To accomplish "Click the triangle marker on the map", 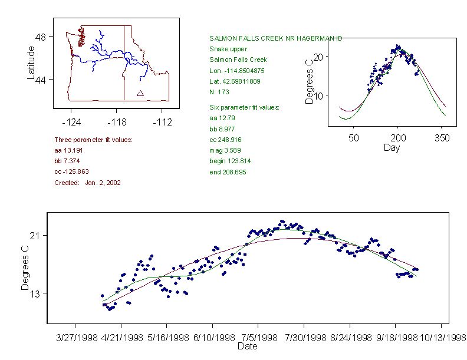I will click(x=140, y=93).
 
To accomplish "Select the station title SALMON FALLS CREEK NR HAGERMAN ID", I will click(x=275, y=38).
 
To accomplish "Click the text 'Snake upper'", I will click(x=228, y=49).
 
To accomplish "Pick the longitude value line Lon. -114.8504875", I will click(x=237, y=71).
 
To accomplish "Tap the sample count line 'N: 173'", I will click(x=219, y=92).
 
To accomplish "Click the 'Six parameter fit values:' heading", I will click(x=244, y=107).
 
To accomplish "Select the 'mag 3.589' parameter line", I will click(x=224, y=150).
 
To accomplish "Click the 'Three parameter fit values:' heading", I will click(x=93, y=140).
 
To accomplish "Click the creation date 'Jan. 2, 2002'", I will click(x=103, y=183).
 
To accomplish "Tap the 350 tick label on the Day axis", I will click(x=442, y=138).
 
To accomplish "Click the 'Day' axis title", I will click(x=392, y=147).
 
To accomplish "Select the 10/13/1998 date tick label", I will click(x=442, y=338).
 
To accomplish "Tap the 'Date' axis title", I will click(x=248, y=346).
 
